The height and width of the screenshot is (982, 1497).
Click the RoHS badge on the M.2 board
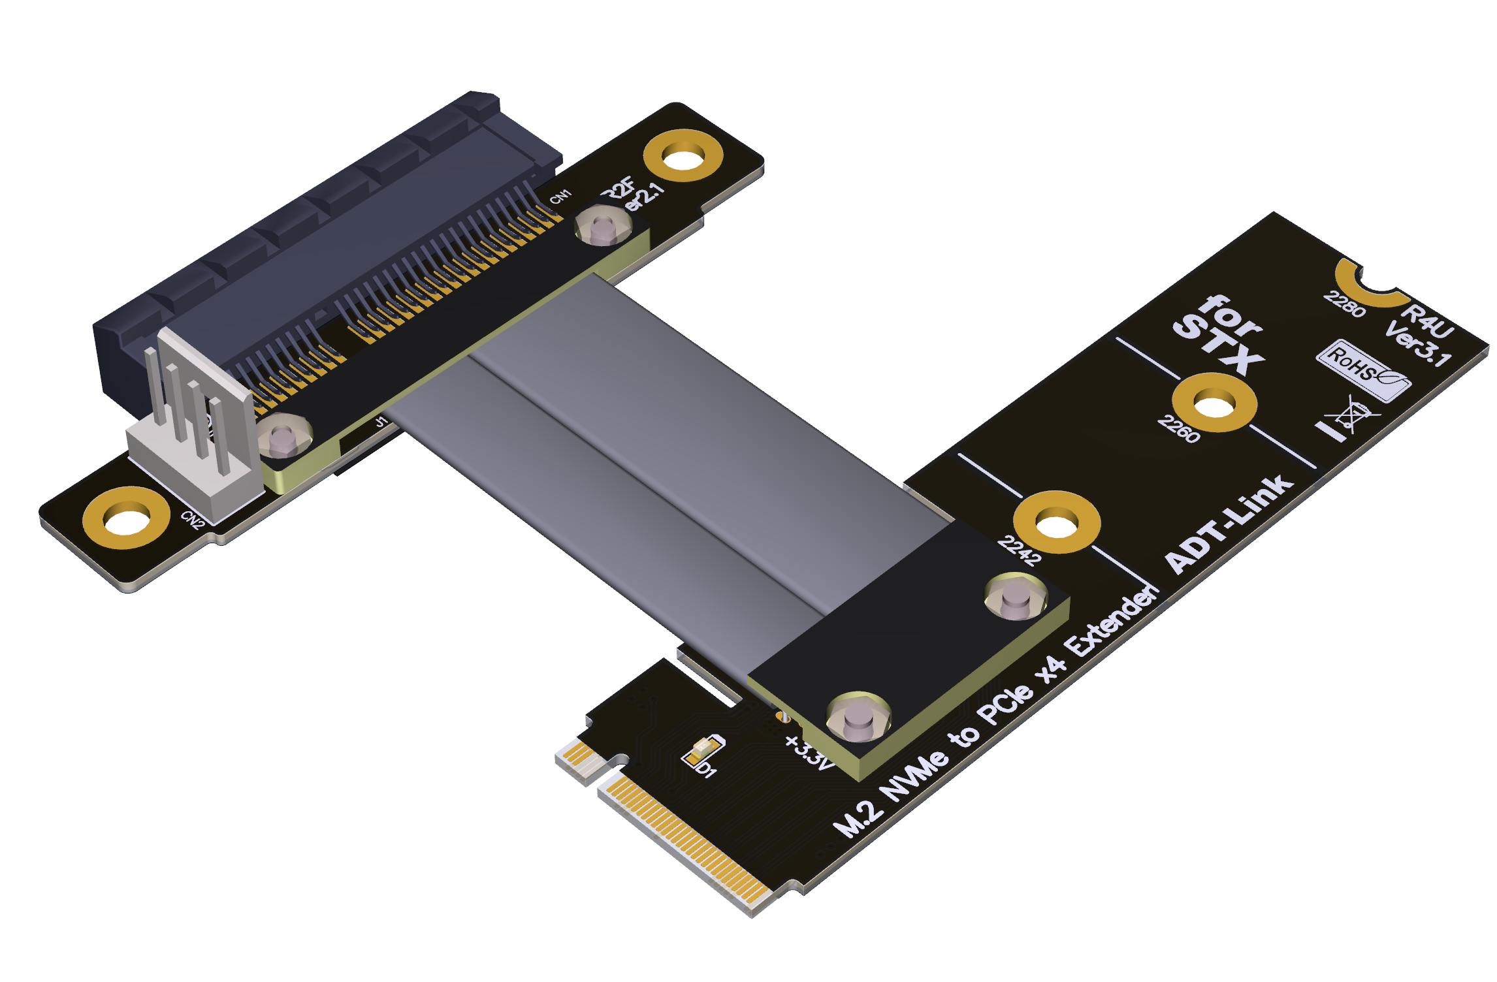pyautogui.click(x=1362, y=370)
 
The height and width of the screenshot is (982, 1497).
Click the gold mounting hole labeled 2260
pyautogui.click(x=1214, y=403)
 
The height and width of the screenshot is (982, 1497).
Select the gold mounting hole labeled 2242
pyautogui.click(x=1056, y=522)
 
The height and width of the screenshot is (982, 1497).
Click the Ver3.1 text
pyautogui.click(x=1418, y=343)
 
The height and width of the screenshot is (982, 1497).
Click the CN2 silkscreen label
pyautogui.click(x=193, y=520)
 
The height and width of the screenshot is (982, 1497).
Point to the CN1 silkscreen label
pyautogui.click(x=560, y=197)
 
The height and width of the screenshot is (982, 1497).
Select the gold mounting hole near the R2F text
pyautogui.click(x=683, y=155)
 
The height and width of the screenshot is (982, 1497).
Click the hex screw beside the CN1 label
pyautogui.click(x=603, y=226)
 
